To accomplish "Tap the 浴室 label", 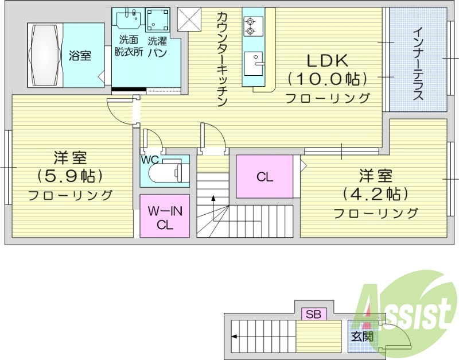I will point(80,56).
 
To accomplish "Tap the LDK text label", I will point(328,60).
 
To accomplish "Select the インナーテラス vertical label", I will point(418,63).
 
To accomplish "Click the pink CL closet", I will point(264,177).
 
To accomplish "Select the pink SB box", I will point(313,313).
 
